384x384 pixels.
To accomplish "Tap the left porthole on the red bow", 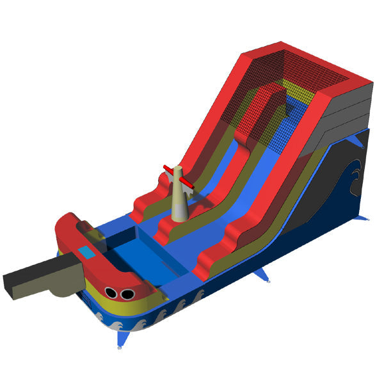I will [111, 293].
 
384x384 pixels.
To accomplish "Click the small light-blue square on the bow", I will [85, 252].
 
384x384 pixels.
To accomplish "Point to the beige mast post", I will [179, 195].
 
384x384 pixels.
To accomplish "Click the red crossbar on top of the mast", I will [179, 177].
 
